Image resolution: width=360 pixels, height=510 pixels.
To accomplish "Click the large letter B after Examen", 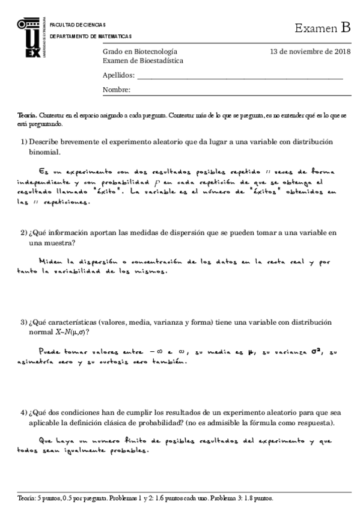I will (x=345, y=27).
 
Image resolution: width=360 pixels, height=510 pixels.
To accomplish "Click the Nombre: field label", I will (x=117, y=90).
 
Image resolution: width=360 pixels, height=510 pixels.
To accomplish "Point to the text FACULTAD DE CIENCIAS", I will (x=78, y=25).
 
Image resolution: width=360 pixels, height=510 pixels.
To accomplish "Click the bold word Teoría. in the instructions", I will (x=28, y=115).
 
